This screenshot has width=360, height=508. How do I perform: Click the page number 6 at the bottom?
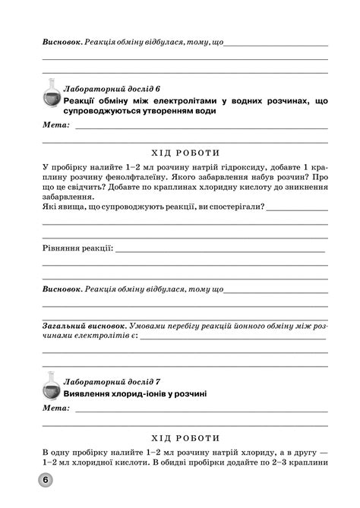coord(46,480)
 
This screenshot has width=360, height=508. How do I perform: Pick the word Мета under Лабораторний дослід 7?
coord(55,409)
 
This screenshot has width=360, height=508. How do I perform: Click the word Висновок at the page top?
coord(61,39)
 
